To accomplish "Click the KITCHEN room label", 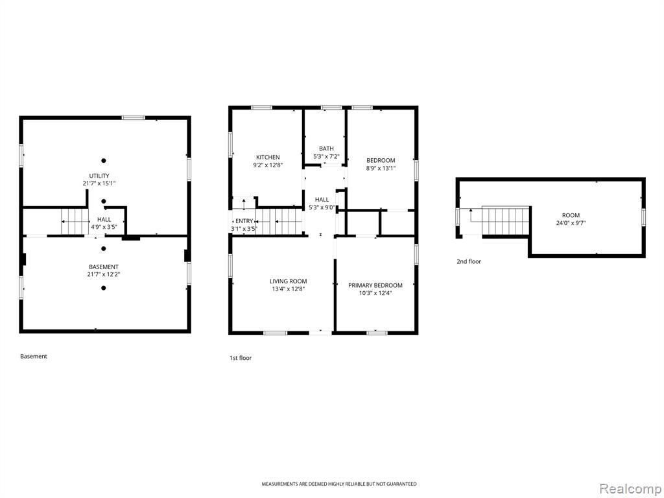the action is [x=268, y=157].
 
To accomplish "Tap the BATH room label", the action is [x=326, y=148].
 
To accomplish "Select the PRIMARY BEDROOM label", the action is [x=375, y=285].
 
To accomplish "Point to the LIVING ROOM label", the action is [x=289, y=281].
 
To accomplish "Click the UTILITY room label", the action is [x=99, y=176].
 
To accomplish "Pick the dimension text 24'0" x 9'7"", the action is [x=571, y=223].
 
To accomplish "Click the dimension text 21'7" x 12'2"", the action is [x=104, y=274].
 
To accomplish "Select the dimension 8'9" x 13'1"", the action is [x=381, y=168].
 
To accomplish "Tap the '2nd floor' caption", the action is [x=469, y=262].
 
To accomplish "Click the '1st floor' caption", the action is [x=241, y=358].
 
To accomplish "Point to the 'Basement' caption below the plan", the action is [x=34, y=356].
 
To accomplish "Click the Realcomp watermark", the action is [x=629, y=488].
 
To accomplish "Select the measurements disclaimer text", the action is [x=338, y=484].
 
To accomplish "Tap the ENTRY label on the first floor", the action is [x=244, y=221].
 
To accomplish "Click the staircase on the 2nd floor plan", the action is [x=506, y=220].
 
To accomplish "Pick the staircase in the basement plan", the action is [x=75, y=222].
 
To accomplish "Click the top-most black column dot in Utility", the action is [x=103, y=161].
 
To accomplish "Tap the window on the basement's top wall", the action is [x=134, y=118].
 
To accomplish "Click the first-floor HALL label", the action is [x=322, y=200].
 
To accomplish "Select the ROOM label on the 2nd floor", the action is [x=571, y=215].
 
